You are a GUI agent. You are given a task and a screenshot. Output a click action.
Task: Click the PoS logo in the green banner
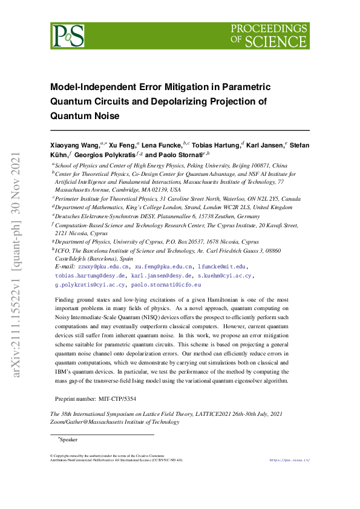(x=67, y=36)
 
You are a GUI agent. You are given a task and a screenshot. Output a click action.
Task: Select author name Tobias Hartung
(x=215, y=146)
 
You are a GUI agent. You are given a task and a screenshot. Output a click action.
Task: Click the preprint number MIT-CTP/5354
(x=116, y=400)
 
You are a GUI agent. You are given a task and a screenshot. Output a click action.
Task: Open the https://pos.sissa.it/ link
(x=289, y=461)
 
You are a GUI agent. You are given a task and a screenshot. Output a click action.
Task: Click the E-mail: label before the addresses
(x=65, y=267)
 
